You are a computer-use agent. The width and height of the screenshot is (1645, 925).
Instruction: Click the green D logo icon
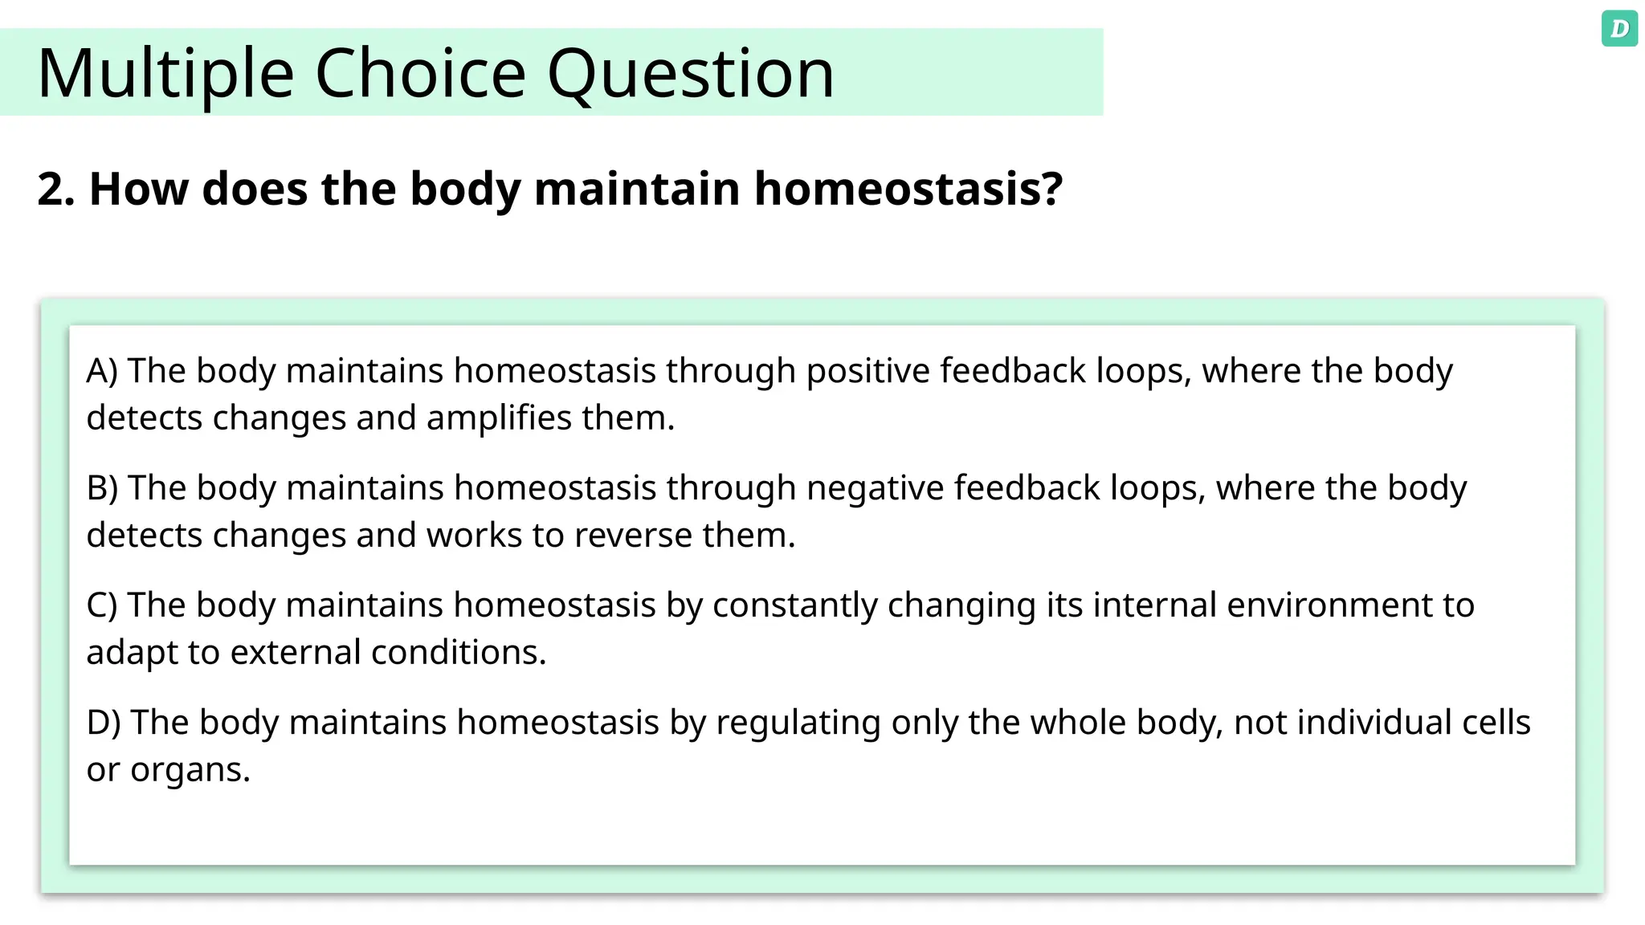pyautogui.click(x=1618, y=29)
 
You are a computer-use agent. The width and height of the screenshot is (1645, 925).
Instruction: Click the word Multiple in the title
pyautogui.click(x=165, y=74)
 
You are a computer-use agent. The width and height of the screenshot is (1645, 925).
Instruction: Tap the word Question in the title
pyautogui.click(x=691, y=74)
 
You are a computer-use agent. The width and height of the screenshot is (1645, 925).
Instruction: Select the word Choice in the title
pyautogui.click(x=420, y=74)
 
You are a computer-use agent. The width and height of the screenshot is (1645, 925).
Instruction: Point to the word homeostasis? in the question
pyautogui.click(x=908, y=189)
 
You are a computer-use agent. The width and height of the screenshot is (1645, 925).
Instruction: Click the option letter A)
pyautogui.click(x=102, y=371)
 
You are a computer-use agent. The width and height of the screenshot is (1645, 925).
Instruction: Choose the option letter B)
pyautogui.click(x=102, y=488)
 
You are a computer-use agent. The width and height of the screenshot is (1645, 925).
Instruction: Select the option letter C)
pyautogui.click(x=102, y=605)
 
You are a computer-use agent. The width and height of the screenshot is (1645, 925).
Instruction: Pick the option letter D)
pyautogui.click(x=104, y=723)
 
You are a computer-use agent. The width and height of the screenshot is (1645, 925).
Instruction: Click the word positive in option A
pyautogui.click(x=868, y=371)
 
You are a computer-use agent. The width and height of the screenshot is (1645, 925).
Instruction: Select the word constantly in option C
pyautogui.click(x=794, y=605)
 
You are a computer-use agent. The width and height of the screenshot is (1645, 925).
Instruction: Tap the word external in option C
pyautogui.click(x=295, y=653)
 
